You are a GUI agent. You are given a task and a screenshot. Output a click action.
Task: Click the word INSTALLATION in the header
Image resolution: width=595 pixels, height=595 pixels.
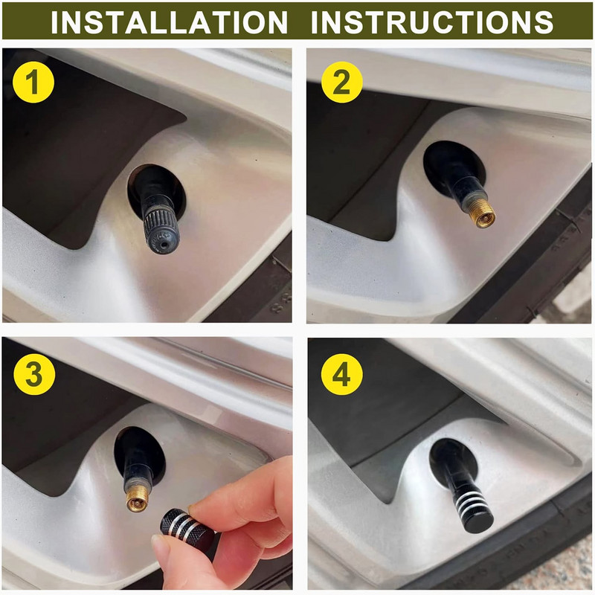(x=170, y=22)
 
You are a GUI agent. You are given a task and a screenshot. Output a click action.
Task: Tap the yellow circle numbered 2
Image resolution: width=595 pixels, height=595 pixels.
(x=341, y=83)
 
